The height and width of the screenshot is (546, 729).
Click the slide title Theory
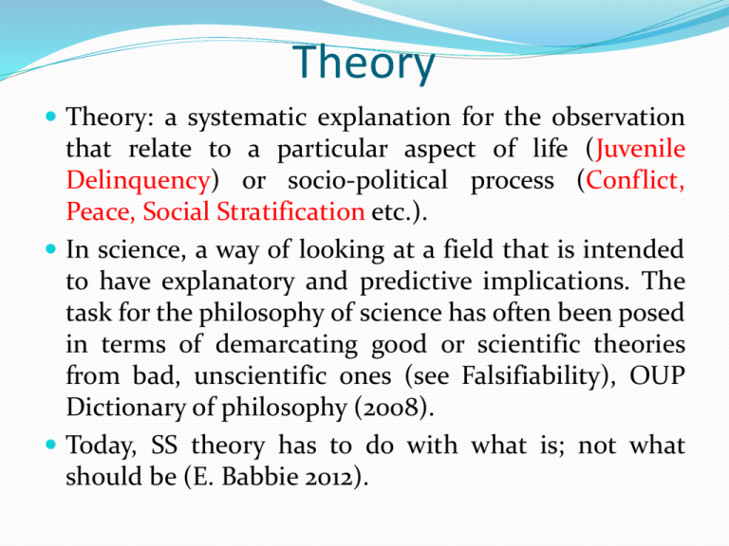tap(364, 64)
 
